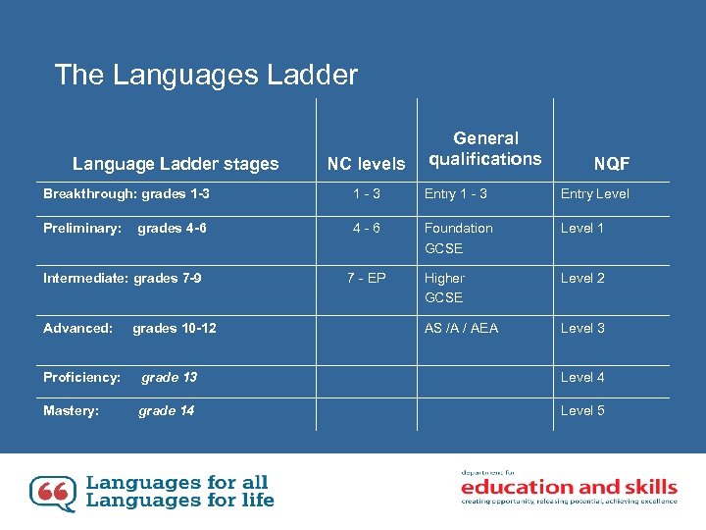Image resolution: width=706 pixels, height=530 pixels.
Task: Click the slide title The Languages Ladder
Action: click(x=206, y=75)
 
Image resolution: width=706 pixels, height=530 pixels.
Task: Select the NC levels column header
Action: click(x=366, y=164)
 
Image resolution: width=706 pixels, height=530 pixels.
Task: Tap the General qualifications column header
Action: click(x=485, y=148)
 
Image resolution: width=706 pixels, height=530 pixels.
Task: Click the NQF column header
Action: click(x=611, y=164)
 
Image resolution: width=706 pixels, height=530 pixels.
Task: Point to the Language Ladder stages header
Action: click(x=176, y=164)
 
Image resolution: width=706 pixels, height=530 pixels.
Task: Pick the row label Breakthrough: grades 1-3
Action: click(x=126, y=194)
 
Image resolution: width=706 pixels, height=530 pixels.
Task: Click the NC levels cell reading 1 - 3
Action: click(x=366, y=194)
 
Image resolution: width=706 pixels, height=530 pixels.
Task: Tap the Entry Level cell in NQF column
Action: click(x=595, y=194)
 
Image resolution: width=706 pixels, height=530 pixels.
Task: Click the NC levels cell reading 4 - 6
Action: click(x=366, y=228)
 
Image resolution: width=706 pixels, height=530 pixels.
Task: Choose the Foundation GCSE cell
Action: click(x=458, y=238)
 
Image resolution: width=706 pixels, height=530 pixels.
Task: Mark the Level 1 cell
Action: click(x=582, y=228)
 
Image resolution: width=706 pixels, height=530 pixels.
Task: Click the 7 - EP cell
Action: click(x=366, y=278)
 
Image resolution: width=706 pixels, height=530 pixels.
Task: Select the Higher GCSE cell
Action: click(x=444, y=288)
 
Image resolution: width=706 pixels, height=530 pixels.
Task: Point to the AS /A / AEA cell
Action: click(x=461, y=328)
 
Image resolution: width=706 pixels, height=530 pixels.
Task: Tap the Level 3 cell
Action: click(x=582, y=328)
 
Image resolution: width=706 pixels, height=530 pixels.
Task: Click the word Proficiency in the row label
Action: click(x=81, y=377)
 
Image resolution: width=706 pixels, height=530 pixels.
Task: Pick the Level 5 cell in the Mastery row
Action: click(x=582, y=410)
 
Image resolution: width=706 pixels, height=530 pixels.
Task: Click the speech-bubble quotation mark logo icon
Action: click(x=52, y=493)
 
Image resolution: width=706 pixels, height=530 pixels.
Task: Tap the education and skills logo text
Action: click(x=569, y=487)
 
